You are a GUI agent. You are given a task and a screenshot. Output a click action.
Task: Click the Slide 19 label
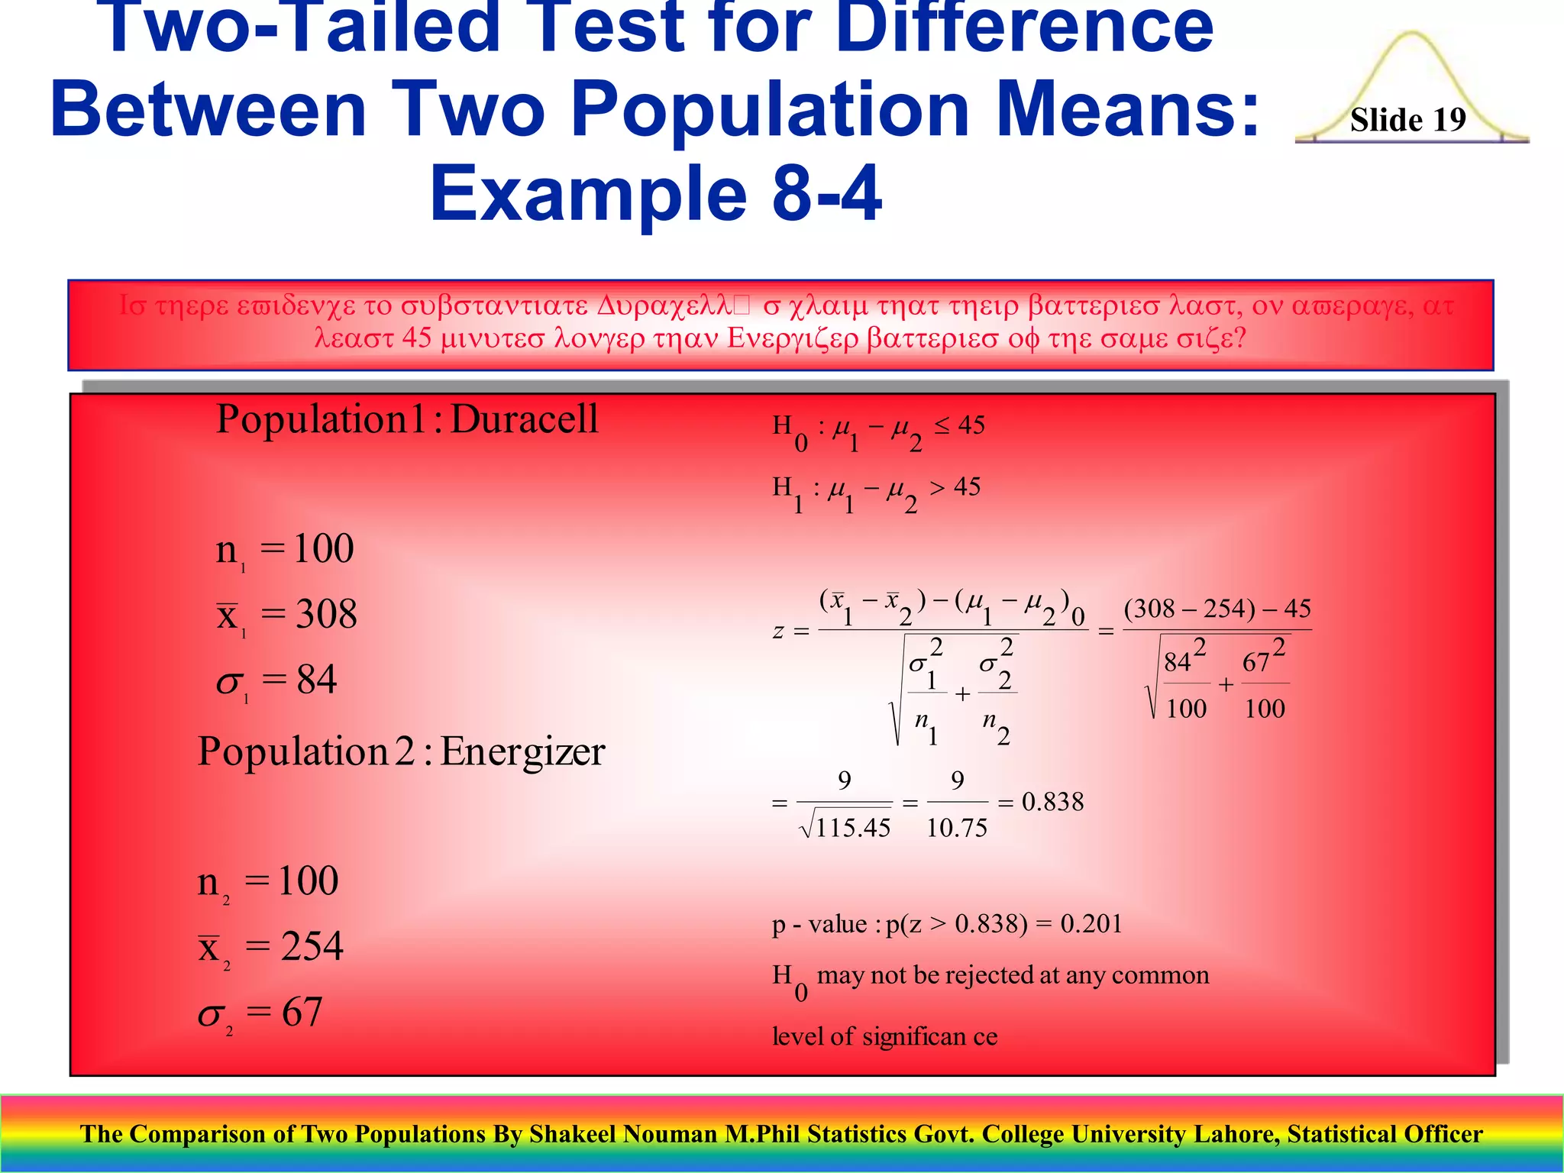click(x=1407, y=120)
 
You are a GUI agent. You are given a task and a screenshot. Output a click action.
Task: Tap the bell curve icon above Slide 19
click(x=1412, y=69)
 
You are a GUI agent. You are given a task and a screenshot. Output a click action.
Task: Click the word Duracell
click(x=524, y=419)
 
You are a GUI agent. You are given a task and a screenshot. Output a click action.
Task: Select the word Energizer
click(x=522, y=751)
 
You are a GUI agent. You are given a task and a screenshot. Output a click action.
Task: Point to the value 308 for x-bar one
click(x=326, y=614)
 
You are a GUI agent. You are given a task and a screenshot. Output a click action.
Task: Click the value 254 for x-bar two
click(x=312, y=946)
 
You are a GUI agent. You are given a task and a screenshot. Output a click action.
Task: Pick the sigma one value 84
click(x=316, y=680)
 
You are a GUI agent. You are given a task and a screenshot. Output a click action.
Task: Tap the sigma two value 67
click(x=302, y=1012)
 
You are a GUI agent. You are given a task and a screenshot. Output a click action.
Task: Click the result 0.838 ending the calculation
click(x=1052, y=802)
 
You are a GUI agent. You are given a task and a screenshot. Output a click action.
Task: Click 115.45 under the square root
click(x=852, y=828)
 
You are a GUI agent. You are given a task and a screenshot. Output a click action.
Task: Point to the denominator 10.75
click(x=957, y=828)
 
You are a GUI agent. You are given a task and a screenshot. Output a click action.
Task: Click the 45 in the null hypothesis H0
click(x=971, y=425)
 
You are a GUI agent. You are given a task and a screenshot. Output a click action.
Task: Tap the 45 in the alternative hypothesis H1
click(x=967, y=487)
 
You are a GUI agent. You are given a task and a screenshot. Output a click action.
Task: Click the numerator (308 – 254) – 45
click(x=1217, y=609)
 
